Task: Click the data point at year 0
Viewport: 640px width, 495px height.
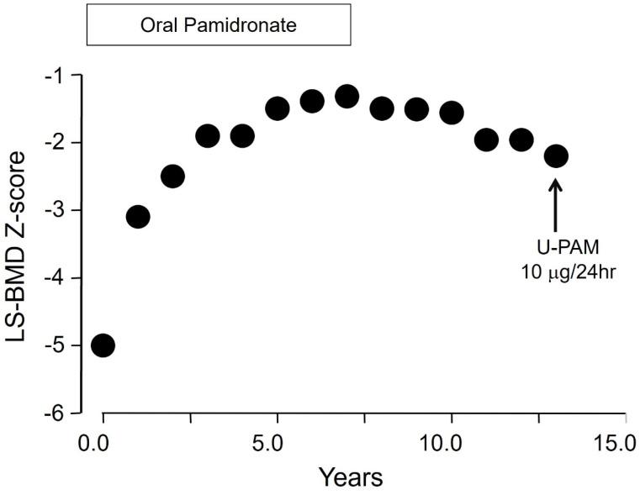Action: point(103,345)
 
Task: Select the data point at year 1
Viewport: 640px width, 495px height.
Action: point(138,217)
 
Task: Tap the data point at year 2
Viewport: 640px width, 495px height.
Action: point(172,176)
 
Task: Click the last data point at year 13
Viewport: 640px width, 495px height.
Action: point(556,156)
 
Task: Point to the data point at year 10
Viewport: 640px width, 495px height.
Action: point(452,113)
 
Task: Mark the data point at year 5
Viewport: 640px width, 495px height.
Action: point(278,108)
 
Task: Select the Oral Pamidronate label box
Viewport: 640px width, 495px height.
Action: point(219,25)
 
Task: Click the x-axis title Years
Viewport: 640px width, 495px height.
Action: point(351,477)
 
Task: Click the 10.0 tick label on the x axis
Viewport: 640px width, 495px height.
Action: point(451,442)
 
